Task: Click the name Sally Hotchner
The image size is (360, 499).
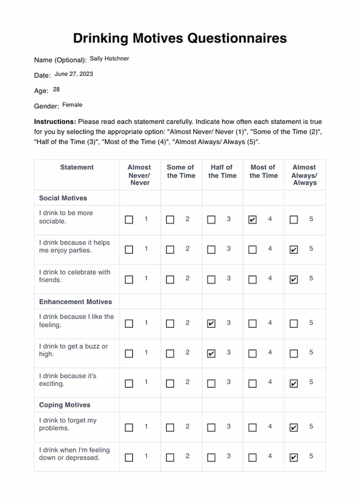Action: click(109, 58)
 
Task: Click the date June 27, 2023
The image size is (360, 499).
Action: click(73, 74)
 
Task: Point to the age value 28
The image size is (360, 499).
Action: click(56, 89)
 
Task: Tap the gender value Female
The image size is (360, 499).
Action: click(72, 105)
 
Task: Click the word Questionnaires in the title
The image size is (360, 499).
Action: click(237, 39)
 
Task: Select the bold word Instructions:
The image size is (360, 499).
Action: click(55, 122)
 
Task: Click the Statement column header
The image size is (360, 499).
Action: click(77, 167)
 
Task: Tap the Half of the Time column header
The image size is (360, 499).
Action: click(222, 171)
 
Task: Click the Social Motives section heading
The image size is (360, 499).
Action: click(63, 198)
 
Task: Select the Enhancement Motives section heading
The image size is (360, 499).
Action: click(75, 302)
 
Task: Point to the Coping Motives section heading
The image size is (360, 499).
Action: click(65, 405)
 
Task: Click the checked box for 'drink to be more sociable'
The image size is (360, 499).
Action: click(253, 220)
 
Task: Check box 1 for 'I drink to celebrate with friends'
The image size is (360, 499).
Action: click(129, 280)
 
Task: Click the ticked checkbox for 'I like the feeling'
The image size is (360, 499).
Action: click(211, 324)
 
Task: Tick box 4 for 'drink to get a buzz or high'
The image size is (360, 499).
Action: click(253, 354)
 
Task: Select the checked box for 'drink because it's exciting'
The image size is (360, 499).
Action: click(294, 383)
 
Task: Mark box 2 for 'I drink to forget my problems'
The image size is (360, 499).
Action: click(170, 427)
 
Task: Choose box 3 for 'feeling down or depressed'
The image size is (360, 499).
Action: click(211, 457)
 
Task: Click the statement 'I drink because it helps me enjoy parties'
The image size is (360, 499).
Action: click(74, 246)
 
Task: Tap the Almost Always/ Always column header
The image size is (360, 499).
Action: click(305, 175)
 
